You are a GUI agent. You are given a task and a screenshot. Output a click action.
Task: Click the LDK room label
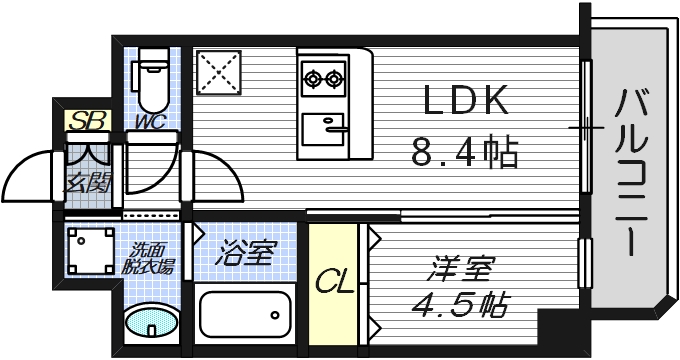pos(467,100)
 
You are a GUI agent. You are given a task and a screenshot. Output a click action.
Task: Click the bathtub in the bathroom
pos(244,313)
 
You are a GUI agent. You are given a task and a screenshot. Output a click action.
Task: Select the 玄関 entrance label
pos(86,183)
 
